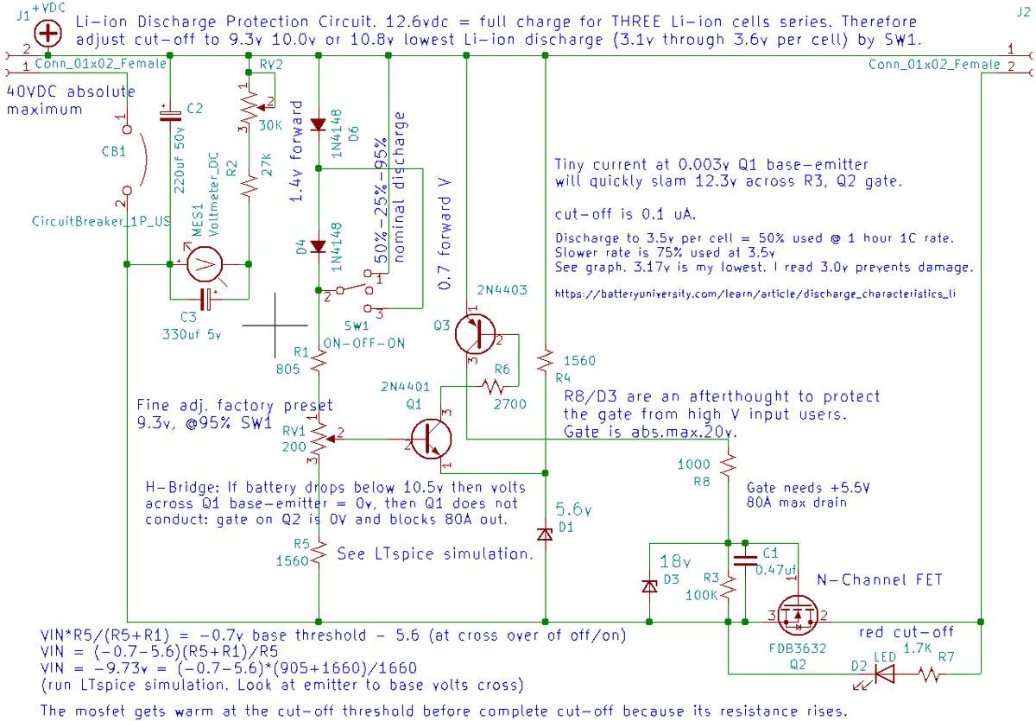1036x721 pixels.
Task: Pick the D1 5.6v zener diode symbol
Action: pos(545,534)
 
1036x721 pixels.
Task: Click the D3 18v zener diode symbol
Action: pos(649,586)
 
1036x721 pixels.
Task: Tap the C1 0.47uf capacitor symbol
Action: pos(743,559)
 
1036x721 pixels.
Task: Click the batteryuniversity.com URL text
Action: pos(755,294)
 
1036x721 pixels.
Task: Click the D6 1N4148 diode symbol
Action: pos(319,124)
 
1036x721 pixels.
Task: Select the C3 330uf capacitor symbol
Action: pos(207,299)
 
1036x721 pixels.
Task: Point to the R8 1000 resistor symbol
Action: pos(730,464)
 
